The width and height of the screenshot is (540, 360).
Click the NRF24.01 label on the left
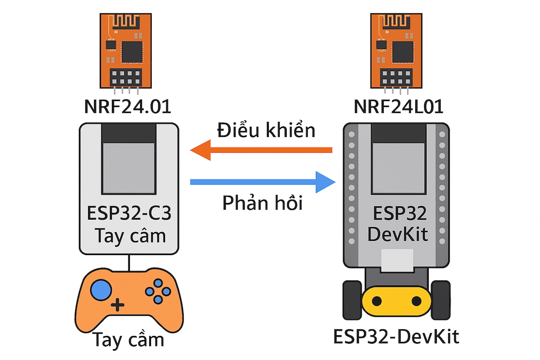127,106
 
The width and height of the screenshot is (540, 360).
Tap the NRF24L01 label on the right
399,106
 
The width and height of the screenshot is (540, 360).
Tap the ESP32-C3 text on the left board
129,214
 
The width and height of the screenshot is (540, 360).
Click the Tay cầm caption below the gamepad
128,340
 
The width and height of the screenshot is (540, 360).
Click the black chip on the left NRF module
131,51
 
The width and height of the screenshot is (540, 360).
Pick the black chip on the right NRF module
402,51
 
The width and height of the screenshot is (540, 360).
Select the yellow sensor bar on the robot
396,301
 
